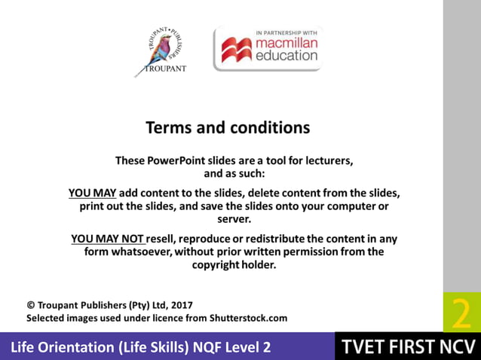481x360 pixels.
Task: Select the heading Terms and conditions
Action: coord(227,127)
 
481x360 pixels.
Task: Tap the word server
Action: coord(234,219)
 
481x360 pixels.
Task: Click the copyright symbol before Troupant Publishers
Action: coord(31,305)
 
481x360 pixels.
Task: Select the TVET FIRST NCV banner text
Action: coord(407,347)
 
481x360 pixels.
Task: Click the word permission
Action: coord(291,252)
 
